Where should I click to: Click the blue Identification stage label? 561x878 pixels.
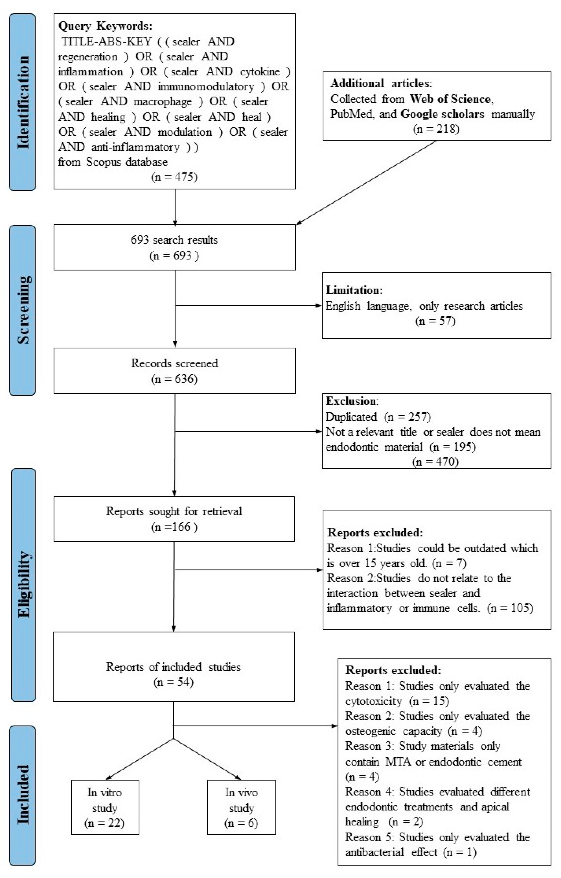[22, 102]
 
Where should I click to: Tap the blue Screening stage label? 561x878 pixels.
[22, 310]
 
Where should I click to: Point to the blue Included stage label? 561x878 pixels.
[22, 795]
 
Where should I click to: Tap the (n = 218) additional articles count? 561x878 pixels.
[436, 129]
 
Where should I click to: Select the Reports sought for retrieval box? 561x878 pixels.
[174, 519]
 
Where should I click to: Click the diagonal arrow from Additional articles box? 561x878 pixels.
[366, 182]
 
